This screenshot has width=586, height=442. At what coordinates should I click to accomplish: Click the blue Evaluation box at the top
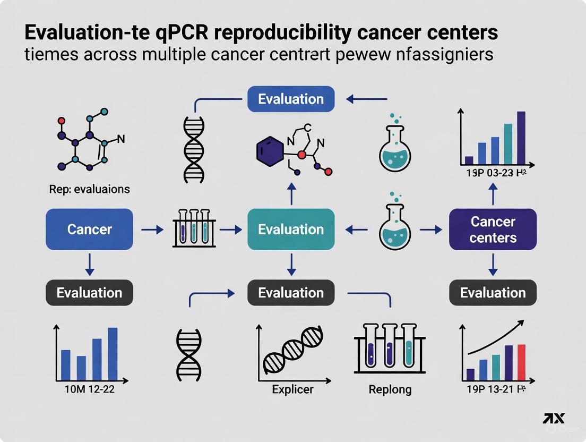coord(291,99)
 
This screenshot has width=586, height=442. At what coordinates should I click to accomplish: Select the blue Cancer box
coord(89,229)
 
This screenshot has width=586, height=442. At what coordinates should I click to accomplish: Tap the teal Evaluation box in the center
coord(291,229)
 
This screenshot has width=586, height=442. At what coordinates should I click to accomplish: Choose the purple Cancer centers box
coord(493,229)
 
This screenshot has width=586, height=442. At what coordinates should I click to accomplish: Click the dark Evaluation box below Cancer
coord(89,293)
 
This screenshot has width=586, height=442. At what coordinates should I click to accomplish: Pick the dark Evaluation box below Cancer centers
coord(493,293)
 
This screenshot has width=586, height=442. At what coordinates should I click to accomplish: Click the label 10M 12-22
coord(89,389)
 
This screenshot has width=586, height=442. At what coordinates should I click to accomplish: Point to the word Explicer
coord(292,389)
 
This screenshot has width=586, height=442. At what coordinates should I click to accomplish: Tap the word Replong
coord(390,389)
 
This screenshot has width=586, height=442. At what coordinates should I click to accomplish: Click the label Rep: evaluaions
coord(90,189)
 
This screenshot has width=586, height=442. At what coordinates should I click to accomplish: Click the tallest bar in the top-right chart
coord(521,138)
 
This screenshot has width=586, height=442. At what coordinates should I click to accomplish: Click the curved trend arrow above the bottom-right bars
coord(496,336)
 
